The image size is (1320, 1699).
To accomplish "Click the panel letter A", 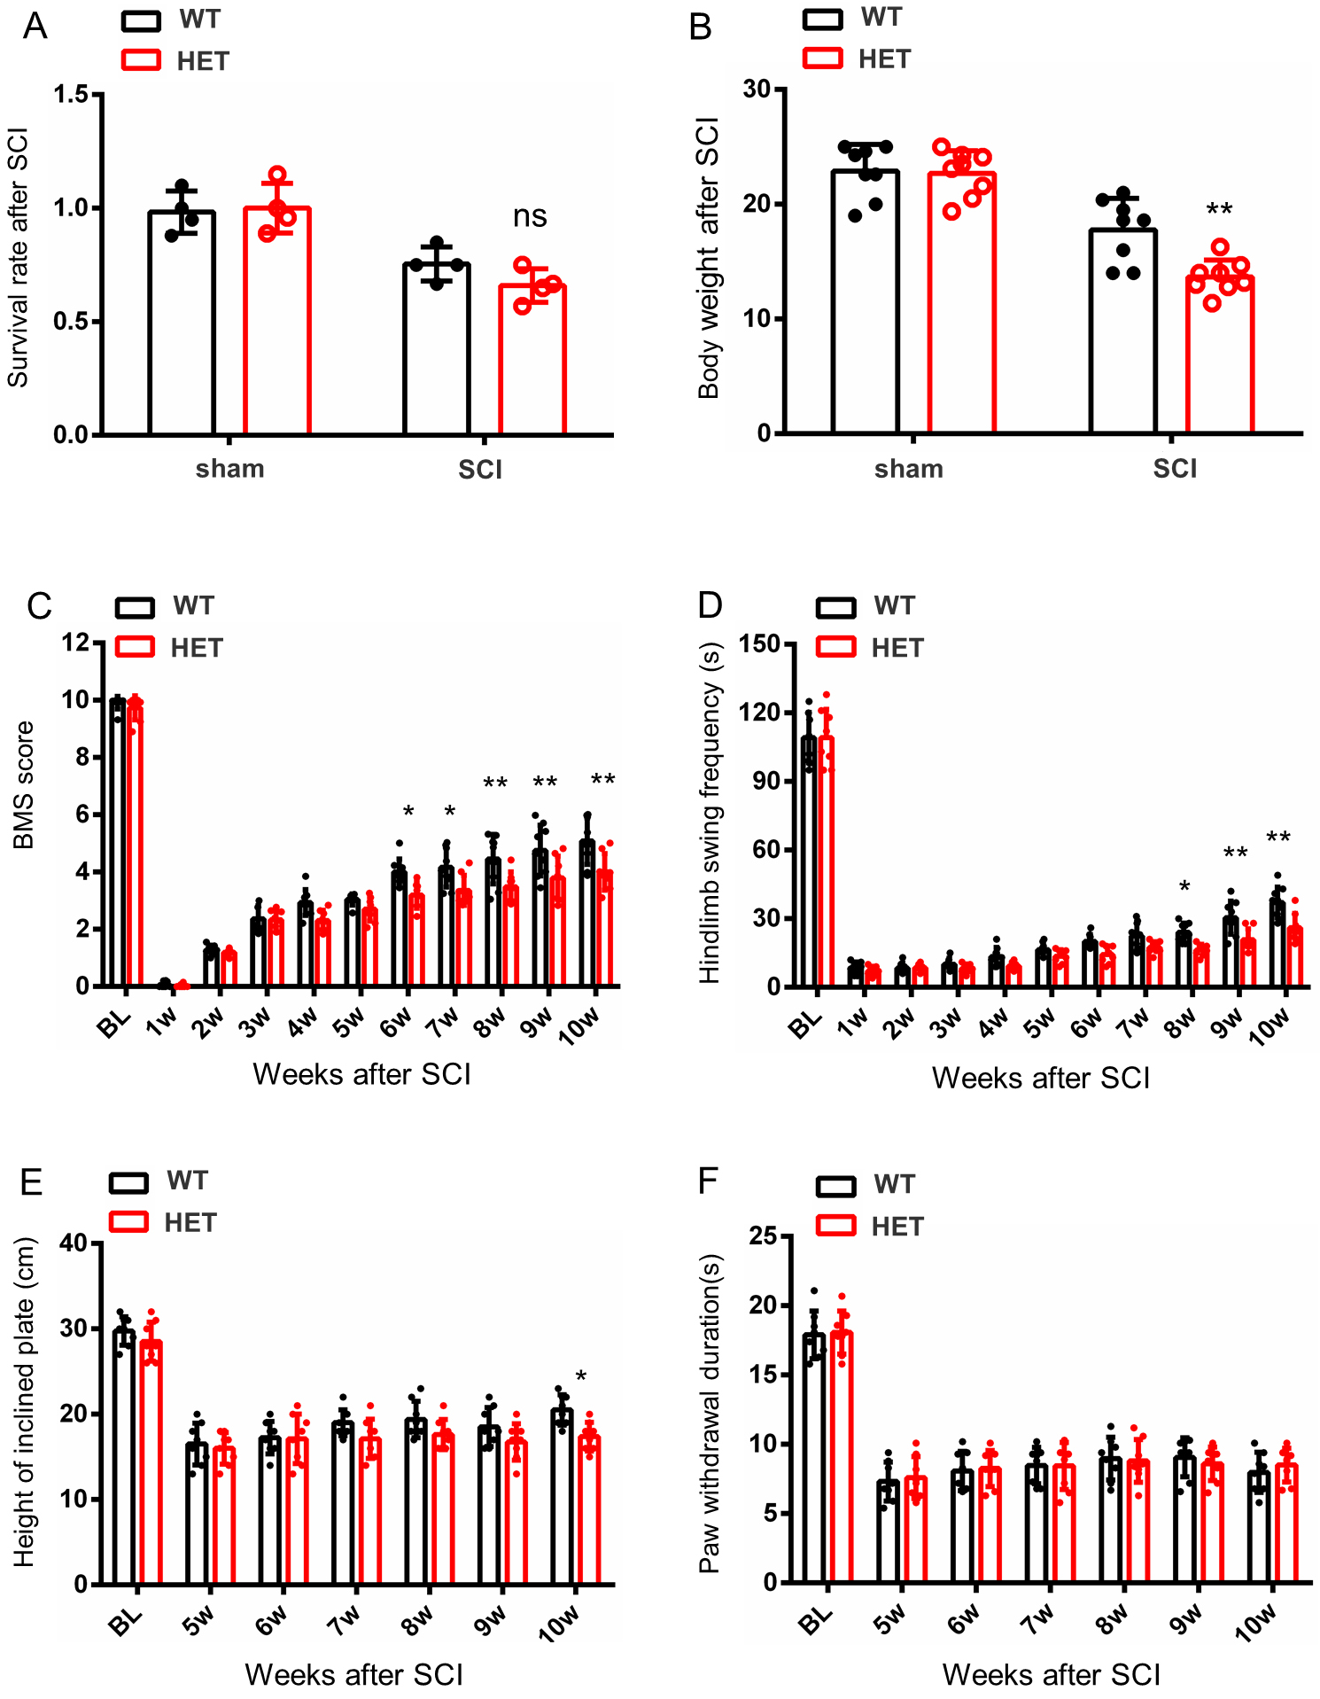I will [35, 27].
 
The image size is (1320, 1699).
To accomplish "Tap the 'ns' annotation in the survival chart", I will [530, 216].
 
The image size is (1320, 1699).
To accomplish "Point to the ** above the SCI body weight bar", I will [1219, 210].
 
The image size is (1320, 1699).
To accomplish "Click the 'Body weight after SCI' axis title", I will [708, 258].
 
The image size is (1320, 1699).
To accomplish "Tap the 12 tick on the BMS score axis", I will [75, 643].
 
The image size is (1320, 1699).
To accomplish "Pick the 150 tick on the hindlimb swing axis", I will [760, 644].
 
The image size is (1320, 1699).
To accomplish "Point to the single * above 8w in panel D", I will [1184, 887].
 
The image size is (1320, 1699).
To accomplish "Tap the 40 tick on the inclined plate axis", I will [74, 1243].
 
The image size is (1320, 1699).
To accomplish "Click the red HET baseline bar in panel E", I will [151, 1462].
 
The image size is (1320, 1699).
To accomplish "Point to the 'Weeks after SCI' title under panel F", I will [1051, 1674].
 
